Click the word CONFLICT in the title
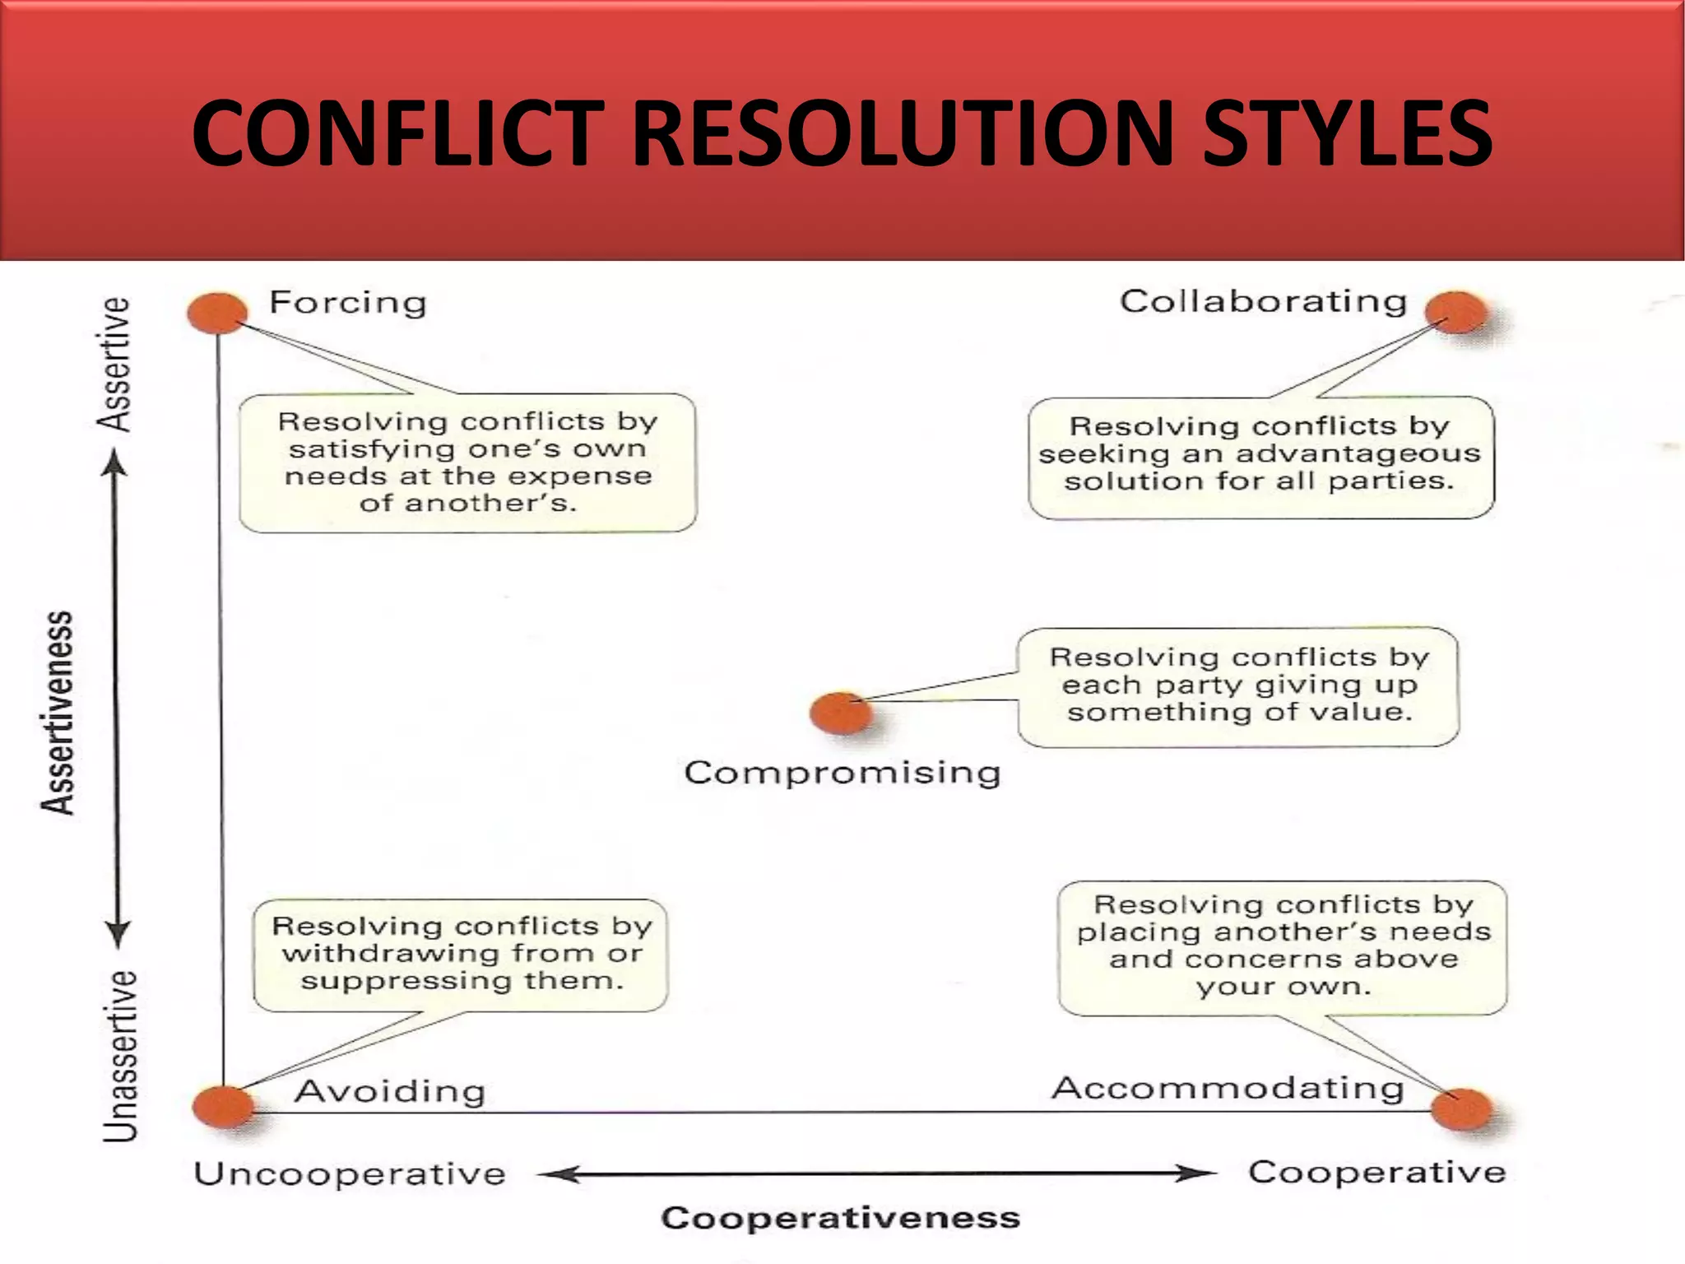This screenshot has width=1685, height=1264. (x=399, y=133)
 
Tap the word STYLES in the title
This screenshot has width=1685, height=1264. (x=1347, y=133)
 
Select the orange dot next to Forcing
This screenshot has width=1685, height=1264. (x=217, y=313)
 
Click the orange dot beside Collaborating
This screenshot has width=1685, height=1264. (x=1456, y=313)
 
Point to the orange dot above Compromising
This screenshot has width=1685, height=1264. (x=840, y=713)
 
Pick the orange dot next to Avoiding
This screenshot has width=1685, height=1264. (x=222, y=1107)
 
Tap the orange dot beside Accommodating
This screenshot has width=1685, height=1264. (x=1461, y=1109)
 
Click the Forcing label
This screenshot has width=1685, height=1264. (x=348, y=303)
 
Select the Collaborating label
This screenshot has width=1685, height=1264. (x=1263, y=301)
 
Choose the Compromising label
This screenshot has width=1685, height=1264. (x=842, y=773)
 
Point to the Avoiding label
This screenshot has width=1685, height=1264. (x=390, y=1091)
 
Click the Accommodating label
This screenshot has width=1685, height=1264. (x=1228, y=1088)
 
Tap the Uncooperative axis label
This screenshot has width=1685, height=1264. (x=350, y=1173)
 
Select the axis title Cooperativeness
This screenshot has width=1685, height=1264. (x=840, y=1218)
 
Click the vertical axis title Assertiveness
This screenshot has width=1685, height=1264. (x=58, y=713)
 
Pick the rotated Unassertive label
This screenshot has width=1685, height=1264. (x=120, y=1057)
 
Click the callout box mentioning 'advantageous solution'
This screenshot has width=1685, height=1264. (x=1260, y=457)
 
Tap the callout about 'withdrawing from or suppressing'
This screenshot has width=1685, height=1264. (x=461, y=955)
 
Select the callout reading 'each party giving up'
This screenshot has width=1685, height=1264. (x=1238, y=686)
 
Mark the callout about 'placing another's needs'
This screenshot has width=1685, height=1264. (x=1283, y=947)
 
